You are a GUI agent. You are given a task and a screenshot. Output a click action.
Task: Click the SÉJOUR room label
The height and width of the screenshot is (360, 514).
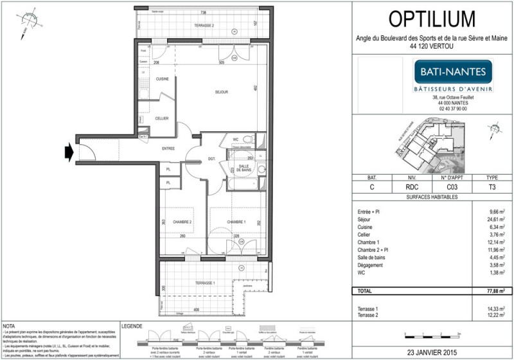[x=221, y=93]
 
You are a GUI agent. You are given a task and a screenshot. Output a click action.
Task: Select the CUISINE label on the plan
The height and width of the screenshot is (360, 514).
[x=153, y=78]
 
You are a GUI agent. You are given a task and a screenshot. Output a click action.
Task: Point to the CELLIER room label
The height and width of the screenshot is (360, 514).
[x=162, y=118]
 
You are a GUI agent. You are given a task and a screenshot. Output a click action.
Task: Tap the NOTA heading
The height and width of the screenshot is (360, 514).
[x=10, y=327]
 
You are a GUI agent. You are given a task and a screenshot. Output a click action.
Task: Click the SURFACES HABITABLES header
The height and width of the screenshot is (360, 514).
[x=432, y=197]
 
